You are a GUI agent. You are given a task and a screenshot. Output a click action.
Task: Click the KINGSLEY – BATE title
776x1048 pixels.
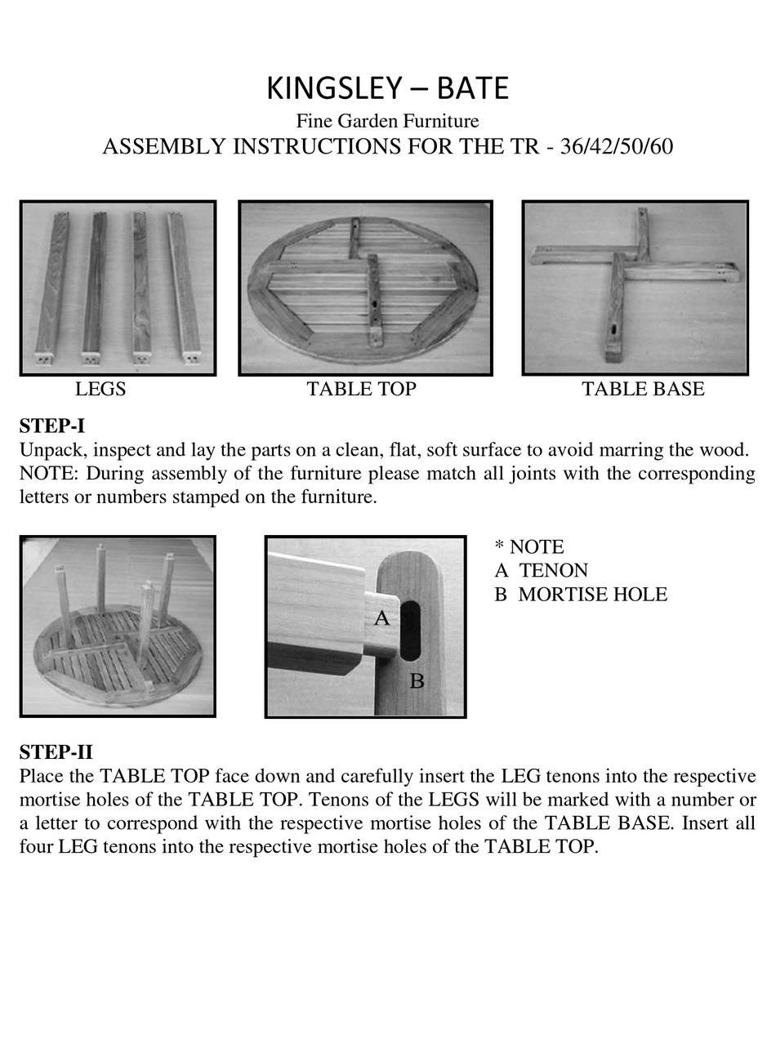(387, 88)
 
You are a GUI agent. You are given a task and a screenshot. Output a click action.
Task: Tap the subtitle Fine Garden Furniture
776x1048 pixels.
(387, 122)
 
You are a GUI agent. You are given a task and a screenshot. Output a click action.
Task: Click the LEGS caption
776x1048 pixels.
(100, 390)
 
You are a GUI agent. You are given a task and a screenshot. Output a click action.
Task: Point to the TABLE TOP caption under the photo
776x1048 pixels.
(361, 390)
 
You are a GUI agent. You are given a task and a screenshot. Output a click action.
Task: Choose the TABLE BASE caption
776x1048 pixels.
(643, 390)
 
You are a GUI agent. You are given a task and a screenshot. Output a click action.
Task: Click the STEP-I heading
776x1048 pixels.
(52, 426)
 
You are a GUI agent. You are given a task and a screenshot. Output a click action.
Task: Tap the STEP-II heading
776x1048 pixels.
(56, 751)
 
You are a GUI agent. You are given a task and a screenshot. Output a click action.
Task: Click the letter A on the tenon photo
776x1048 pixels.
(381, 618)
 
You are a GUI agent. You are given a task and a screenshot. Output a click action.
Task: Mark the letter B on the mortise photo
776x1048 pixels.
(417, 680)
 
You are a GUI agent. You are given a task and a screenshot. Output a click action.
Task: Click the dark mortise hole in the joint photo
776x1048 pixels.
(409, 630)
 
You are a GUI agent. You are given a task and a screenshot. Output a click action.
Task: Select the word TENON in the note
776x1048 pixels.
(553, 570)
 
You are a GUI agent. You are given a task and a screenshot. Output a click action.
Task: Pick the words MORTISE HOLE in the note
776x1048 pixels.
(592, 595)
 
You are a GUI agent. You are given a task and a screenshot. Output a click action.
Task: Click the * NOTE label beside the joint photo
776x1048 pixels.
(529, 546)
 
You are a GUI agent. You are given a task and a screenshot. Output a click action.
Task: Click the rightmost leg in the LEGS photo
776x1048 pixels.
(184, 286)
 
